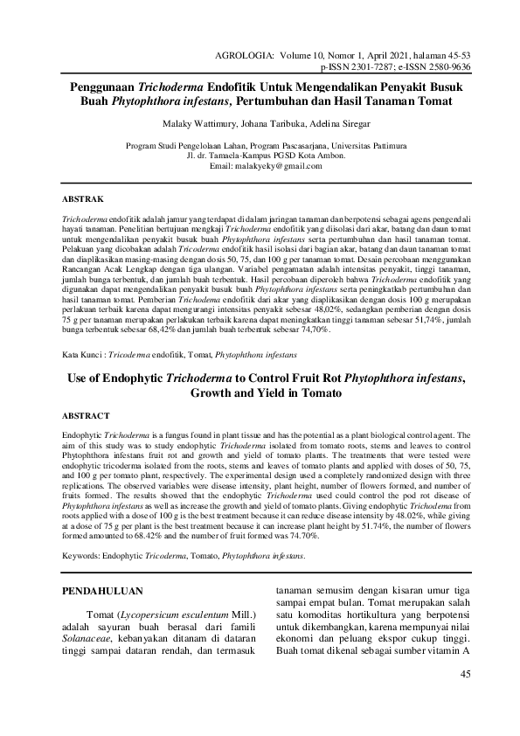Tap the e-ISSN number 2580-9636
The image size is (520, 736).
click(447, 66)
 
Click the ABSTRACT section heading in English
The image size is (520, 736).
click(87, 415)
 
